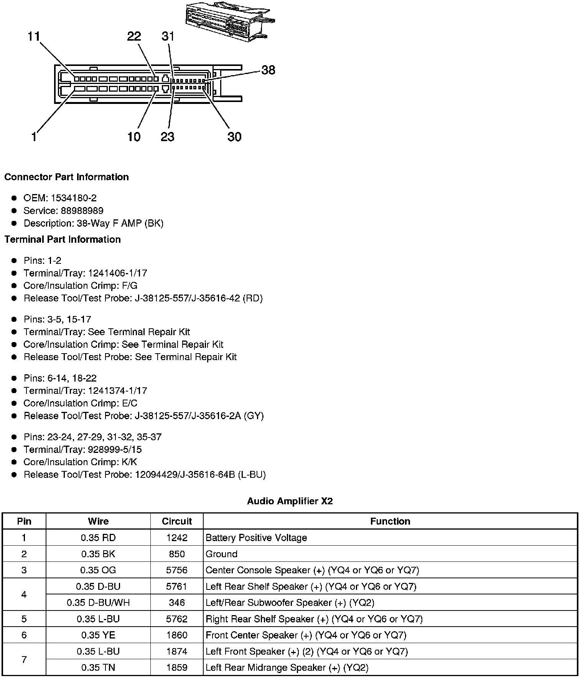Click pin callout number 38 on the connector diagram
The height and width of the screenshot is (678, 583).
[x=268, y=70]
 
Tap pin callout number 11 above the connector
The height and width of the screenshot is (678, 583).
[x=34, y=37]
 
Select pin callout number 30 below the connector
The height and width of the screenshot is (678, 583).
[x=234, y=137]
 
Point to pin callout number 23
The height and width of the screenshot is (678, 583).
[x=168, y=137]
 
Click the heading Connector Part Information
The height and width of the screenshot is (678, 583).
[x=66, y=177]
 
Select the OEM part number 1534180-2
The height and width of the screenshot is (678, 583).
[x=74, y=198]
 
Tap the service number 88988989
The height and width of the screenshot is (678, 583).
[x=82, y=211]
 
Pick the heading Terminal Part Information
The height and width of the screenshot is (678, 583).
[x=63, y=240]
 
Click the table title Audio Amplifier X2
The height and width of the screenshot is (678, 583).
[x=290, y=501]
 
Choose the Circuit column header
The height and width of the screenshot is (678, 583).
[x=177, y=522]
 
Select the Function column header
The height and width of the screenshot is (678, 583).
[x=390, y=522]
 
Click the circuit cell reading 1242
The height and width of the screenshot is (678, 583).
[x=177, y=538]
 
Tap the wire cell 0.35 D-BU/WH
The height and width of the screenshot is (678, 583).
[x=98, y=603]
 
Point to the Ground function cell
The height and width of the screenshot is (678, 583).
[x=222, y=554]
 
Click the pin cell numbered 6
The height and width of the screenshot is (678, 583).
[x=24, y=635]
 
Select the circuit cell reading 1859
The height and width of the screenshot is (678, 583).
[x=177, y=668]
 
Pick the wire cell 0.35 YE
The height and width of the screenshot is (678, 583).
[x=98, y=635]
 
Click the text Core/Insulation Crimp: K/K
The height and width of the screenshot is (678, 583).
[x=80, y=462]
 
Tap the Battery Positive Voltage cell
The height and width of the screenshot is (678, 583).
[x=256, y=538]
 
